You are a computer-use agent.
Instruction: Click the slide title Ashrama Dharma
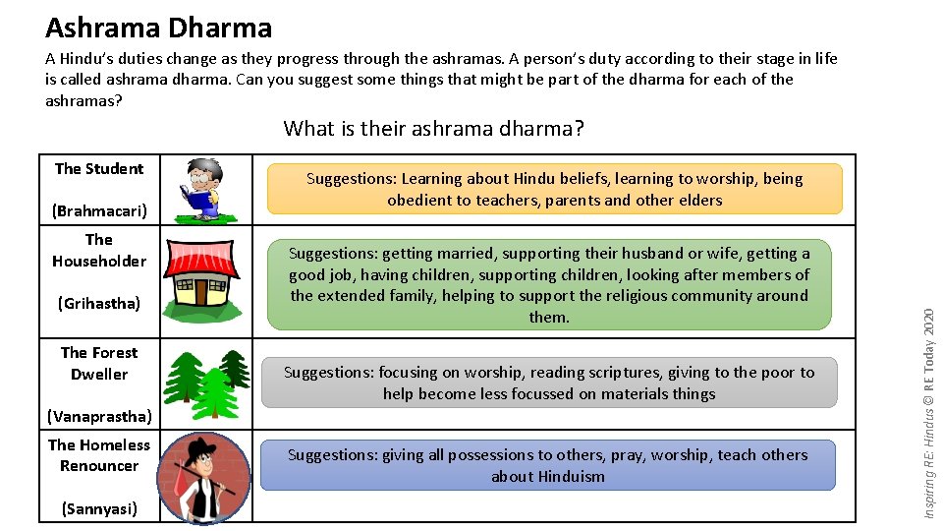[158, 28]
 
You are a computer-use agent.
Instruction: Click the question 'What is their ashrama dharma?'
[434, 129]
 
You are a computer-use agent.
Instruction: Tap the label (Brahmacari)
[99, 210]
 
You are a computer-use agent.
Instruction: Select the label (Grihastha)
[99, 303]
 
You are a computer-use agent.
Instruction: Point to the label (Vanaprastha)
[99, 416]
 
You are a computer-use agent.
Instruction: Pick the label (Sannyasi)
[99, 508]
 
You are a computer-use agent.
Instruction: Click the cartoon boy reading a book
[201, 189]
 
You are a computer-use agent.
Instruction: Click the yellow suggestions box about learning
[555, 189]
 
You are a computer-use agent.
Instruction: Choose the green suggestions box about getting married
[549, 284]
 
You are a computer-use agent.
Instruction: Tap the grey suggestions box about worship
[549, 383]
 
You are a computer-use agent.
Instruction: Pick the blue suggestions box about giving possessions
[548, 465]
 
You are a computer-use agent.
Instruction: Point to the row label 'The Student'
[99, 168]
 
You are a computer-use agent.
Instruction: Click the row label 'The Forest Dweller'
[99, 363]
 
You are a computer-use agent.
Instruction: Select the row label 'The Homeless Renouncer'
[99, 455]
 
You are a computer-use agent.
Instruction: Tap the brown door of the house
[201, 292]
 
